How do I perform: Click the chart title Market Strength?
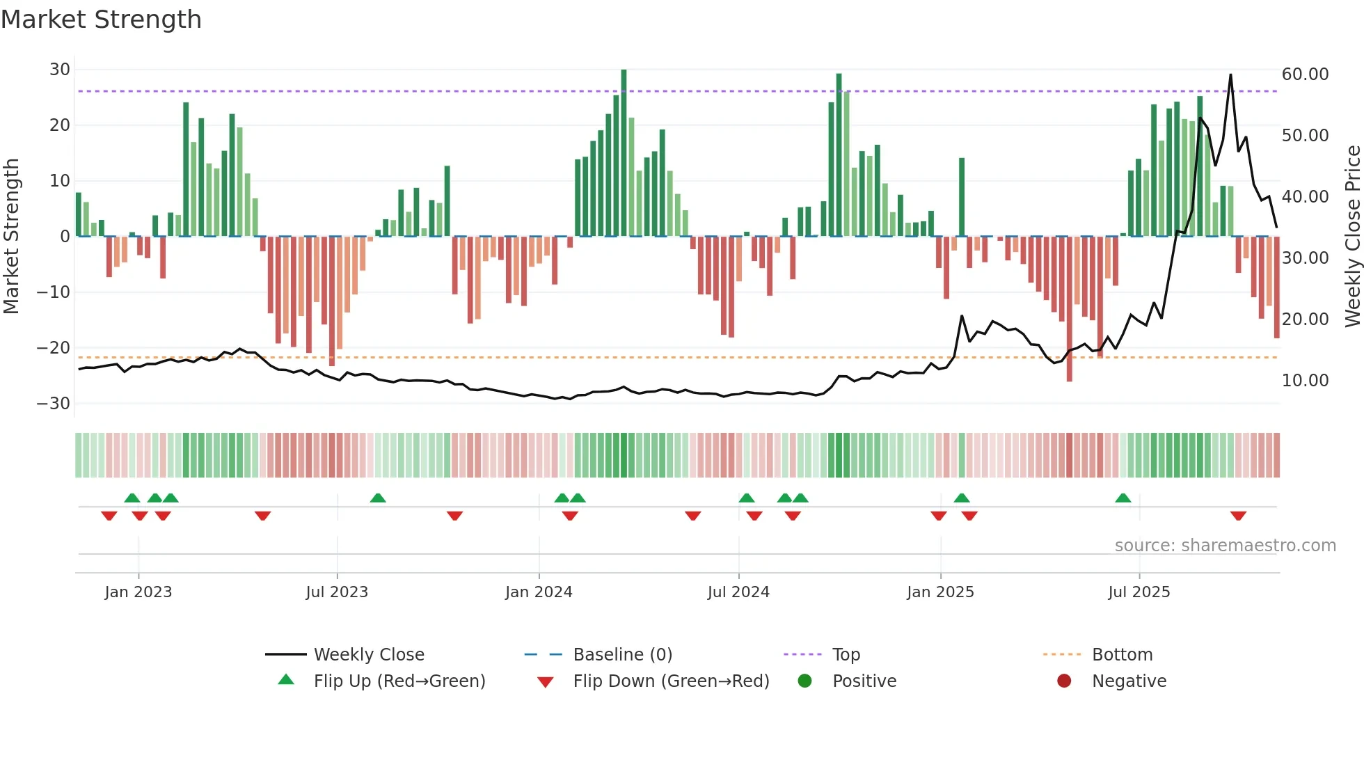click(101, 19)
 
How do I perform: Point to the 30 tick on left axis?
click(60, 70)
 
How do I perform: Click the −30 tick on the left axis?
click(54, 404)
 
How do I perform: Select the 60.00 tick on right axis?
click(1305, 74)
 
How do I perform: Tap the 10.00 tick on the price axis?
click(1305, 381)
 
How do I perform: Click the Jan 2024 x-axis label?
click(539, 592)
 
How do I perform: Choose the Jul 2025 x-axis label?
click(1139, 592)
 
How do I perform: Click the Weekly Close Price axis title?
click(1352, 237)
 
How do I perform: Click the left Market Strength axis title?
click(11, 237)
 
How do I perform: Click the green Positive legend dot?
click(804, 681)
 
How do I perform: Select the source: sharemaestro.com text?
click(1225, 546)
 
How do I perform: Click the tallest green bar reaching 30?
click(624, 153)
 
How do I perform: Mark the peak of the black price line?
click(1230, 75)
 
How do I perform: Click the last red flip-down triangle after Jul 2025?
click(1238, 516)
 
